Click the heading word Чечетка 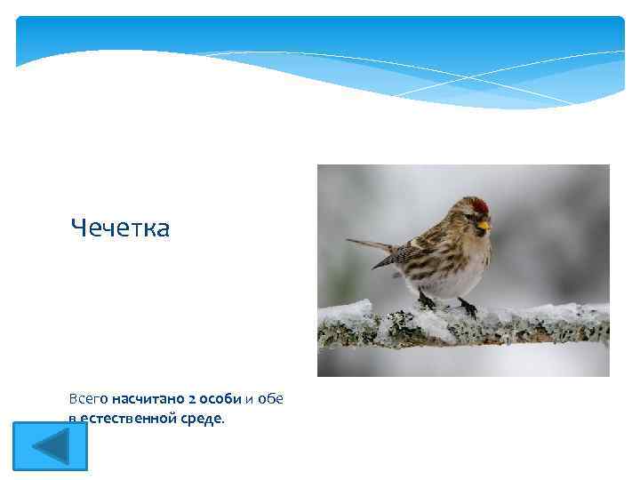click(120, 228)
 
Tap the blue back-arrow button click(50, 445)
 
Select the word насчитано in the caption click(149, 399)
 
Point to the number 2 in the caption click(192, 399)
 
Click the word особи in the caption click(220, 399)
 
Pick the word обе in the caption click(270, 399)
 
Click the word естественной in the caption click(128, 418)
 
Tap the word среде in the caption click(201, 418)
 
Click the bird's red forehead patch click(481, 206)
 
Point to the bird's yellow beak click(484, 226)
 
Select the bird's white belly click(449, 283)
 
